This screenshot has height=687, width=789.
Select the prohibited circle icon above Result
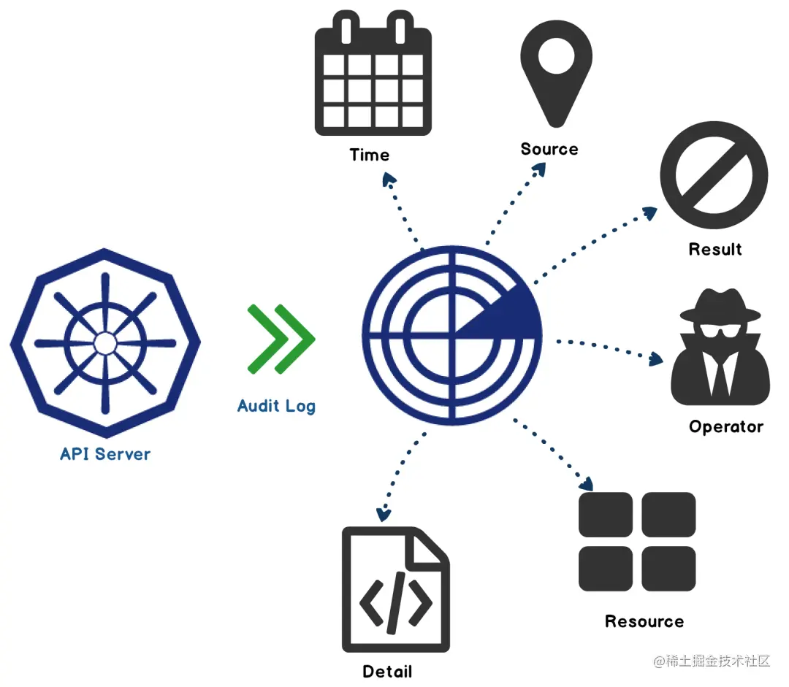tap(714, 177)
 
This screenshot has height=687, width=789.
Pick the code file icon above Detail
tap(395, 589)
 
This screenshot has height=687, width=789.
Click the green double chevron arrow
tap(281, 337)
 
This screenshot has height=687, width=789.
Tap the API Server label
tap(105, 454)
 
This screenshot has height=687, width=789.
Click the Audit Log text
tap(276, 406)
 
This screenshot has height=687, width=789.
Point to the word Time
tap(369, 155)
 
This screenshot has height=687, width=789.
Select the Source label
tap(549, 149)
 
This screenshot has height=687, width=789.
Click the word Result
tap(715, 249)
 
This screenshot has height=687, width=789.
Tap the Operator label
tap(725, 426)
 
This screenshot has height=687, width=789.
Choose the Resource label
tap(644, 621)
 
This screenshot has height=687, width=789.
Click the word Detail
tap(387, 671)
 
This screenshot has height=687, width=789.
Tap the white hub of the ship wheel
tap(104, 342)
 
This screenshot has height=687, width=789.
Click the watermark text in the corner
tap(712, 661)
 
